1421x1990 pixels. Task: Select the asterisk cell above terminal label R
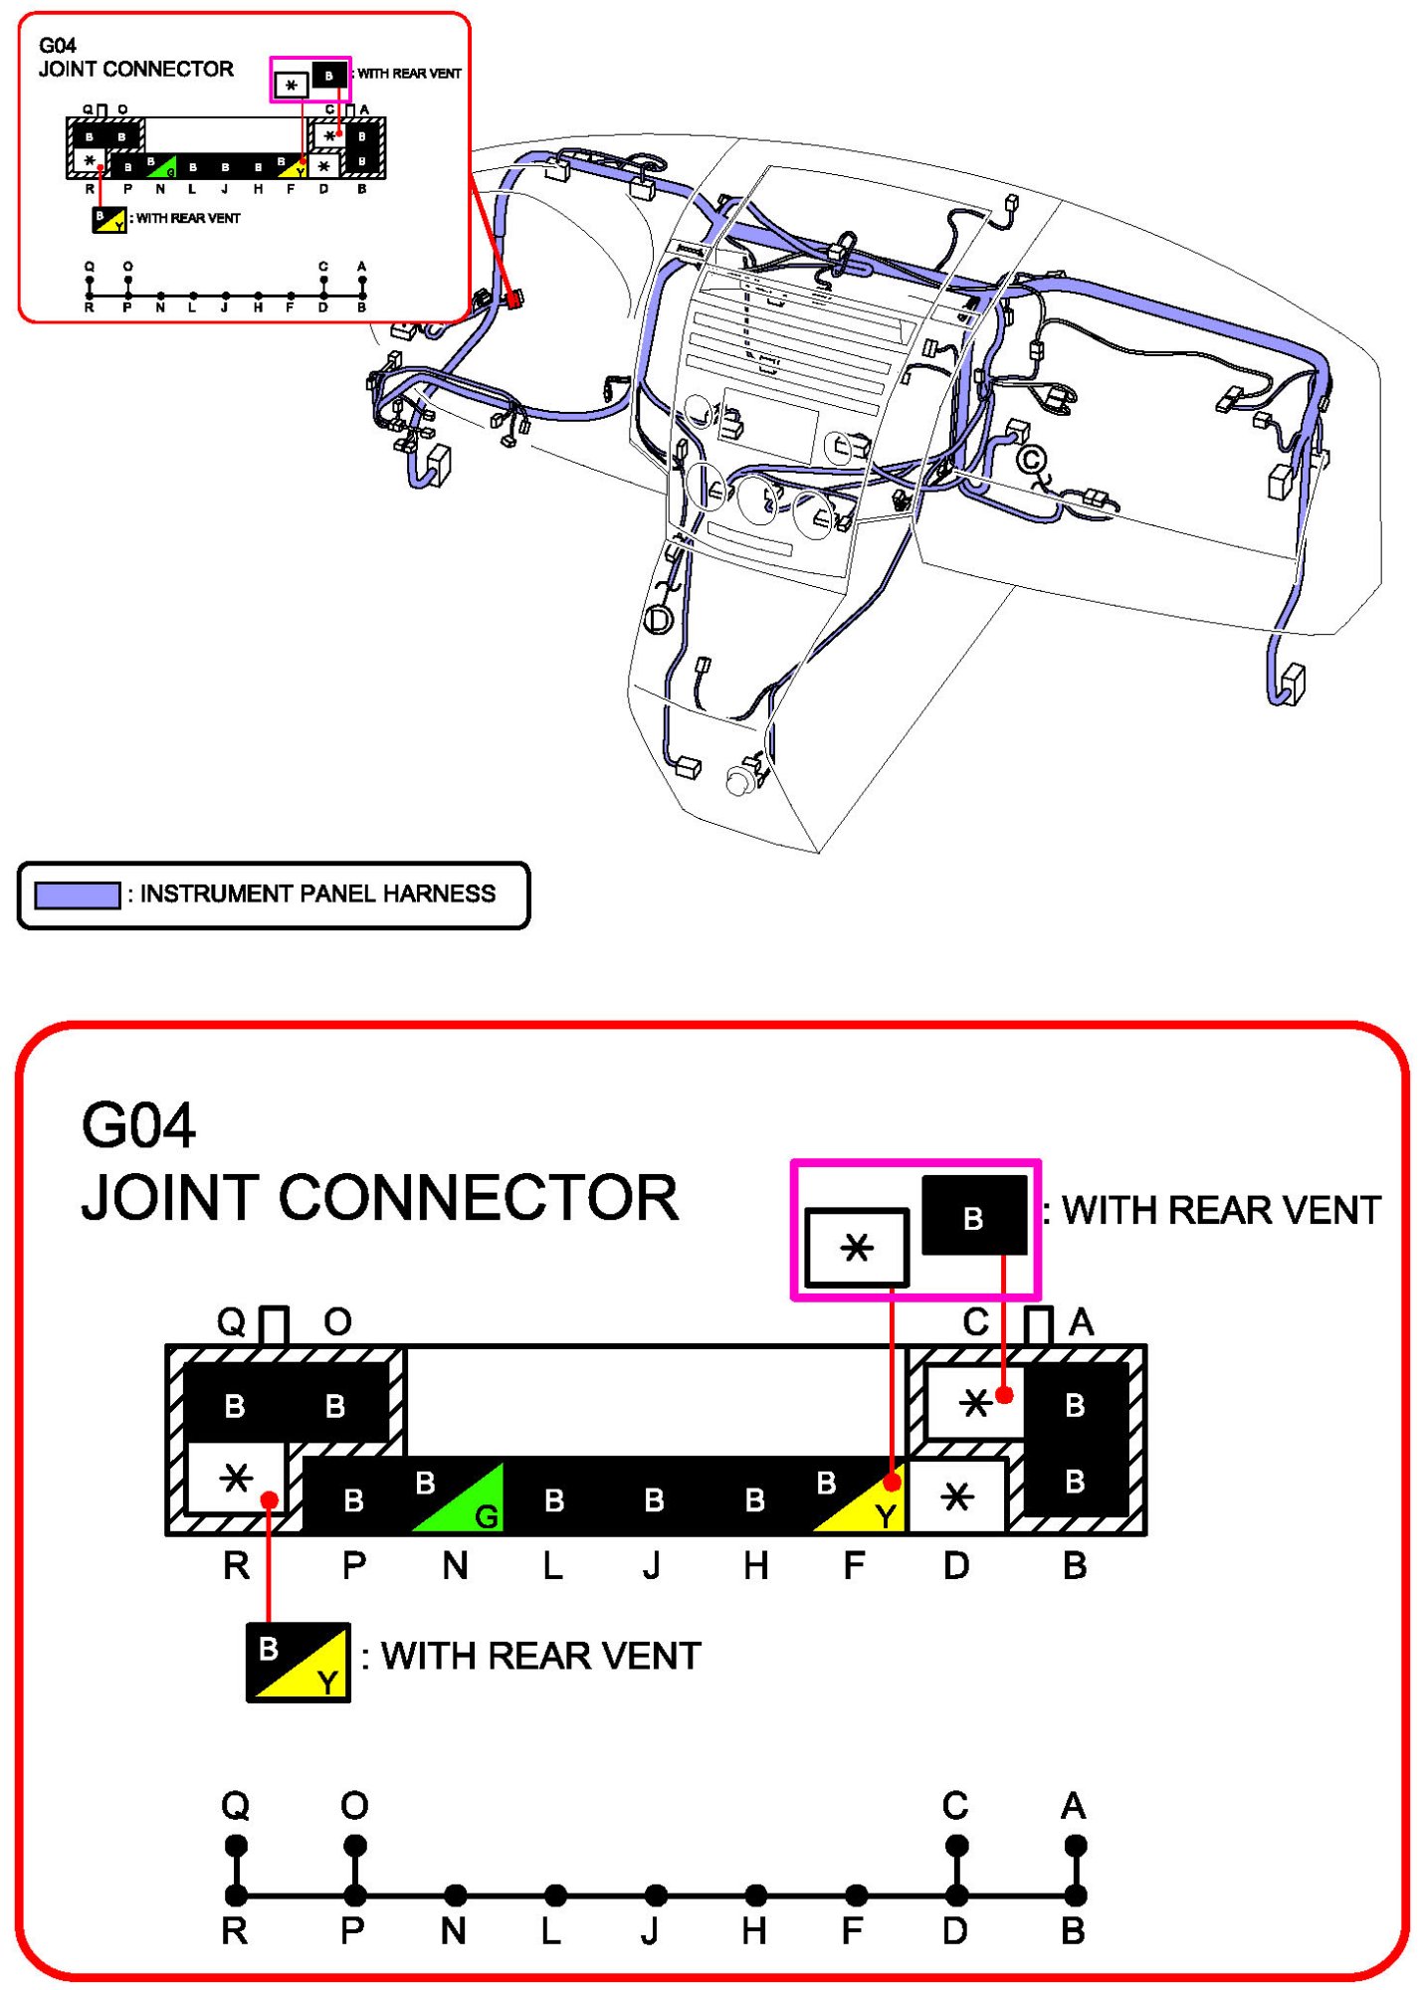[237, 1478]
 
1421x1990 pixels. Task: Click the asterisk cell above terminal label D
[956, 1495]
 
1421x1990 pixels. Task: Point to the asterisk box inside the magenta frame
[856, 1247]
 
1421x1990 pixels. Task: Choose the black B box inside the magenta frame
[974, 1216]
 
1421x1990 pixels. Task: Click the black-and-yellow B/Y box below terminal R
[298, 1662]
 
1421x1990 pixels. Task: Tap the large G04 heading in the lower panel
[138, 1125]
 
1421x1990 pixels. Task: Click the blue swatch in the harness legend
[78, 895]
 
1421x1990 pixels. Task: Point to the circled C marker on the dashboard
[1032, 460]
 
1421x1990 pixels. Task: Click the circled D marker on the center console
[659, 620]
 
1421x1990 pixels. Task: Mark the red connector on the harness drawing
[514, 298]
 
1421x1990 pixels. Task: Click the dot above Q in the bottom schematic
[236, 1846]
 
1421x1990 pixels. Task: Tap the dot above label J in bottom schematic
[655, 1894]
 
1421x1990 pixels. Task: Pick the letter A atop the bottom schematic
[1074, 1805]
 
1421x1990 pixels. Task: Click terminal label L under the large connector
[553, 1566]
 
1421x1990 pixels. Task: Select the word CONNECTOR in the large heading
[479, 1197]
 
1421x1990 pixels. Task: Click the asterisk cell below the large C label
[975, 1402]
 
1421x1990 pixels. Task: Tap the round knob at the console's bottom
[738, 781]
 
